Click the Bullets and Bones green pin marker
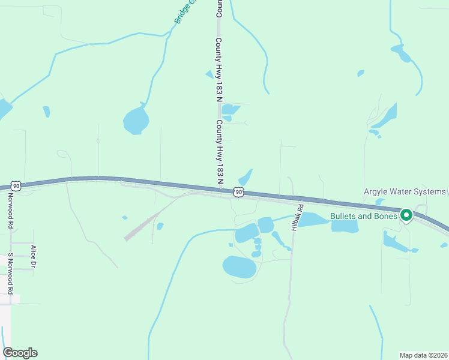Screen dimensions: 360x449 coord(406,215)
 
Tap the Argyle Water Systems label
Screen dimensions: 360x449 coord(405,192)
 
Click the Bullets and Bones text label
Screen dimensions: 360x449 coord(364,216)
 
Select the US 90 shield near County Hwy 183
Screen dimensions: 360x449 coord(239,192)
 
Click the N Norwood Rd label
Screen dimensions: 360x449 coord(11,214)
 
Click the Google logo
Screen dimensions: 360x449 coord(20,353)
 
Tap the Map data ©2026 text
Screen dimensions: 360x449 coord(423,355)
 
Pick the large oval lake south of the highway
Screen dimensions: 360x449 coord(240,268)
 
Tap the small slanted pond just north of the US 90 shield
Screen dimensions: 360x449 coord(246,178)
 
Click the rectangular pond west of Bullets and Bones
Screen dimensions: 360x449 coord(345,226)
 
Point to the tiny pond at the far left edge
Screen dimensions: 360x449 coord(3,110)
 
